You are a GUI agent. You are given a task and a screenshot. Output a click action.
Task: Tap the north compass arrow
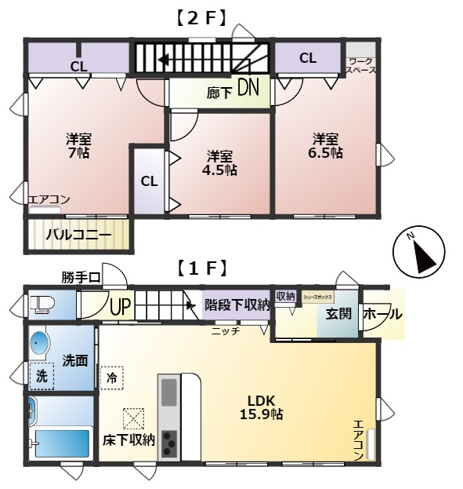tap(421, 252)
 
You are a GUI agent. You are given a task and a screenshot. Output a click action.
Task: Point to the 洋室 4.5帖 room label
tap(219, 162)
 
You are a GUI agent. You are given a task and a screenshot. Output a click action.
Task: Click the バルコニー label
tap(78, 234)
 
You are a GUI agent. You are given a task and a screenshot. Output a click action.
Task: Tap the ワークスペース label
tap(361, 65)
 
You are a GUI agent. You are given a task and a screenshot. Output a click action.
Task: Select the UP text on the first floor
tap(119, 305)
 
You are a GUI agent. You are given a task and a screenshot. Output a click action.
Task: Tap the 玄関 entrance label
tap(339, 315)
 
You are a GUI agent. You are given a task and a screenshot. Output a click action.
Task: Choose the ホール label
tap(382, 314)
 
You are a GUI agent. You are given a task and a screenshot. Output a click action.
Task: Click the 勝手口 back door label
tap(81, 277)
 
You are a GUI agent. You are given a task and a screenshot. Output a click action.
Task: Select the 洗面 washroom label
tap(75, 361)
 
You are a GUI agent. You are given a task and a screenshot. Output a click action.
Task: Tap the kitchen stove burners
tap(169, 440)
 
